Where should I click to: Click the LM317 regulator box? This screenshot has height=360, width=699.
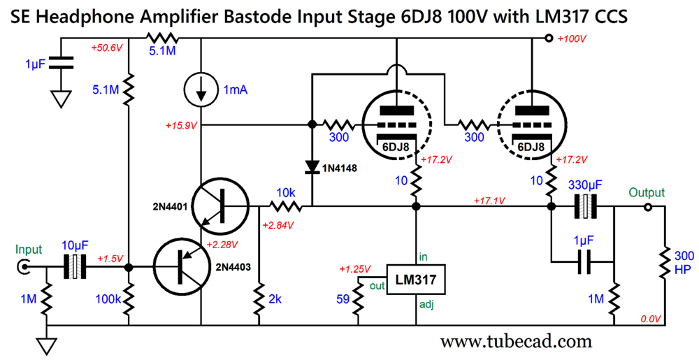[x=416, y=280]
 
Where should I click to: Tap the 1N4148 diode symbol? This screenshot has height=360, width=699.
[x=312, y=166]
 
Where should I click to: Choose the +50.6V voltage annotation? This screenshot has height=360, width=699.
[x=107, y=48]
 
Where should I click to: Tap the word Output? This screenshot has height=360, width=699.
[x=647, y=193]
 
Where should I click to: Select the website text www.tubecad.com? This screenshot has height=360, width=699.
[x=517, y=342]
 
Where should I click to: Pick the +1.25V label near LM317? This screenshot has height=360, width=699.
[x=355, y=269]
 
